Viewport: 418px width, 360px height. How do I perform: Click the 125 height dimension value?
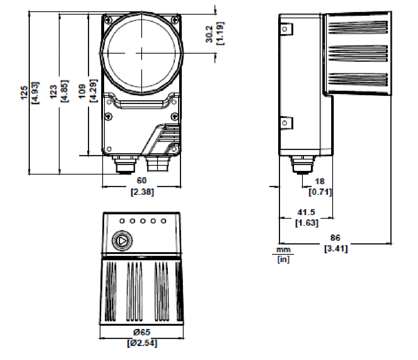point(24,92)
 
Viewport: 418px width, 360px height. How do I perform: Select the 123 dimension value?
point(54,92)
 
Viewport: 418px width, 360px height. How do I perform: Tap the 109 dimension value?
point(82,91)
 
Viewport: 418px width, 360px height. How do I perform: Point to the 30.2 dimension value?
point(209,34)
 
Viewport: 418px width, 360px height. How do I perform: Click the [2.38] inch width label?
point(142,192)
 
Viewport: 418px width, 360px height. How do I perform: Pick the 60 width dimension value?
point(142,181)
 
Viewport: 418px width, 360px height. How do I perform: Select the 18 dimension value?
point(320,181)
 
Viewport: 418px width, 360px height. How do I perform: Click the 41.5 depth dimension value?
point(306,212)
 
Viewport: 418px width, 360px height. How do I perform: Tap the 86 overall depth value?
point(335,238)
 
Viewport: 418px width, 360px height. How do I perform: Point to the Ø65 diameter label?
point(142,332)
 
